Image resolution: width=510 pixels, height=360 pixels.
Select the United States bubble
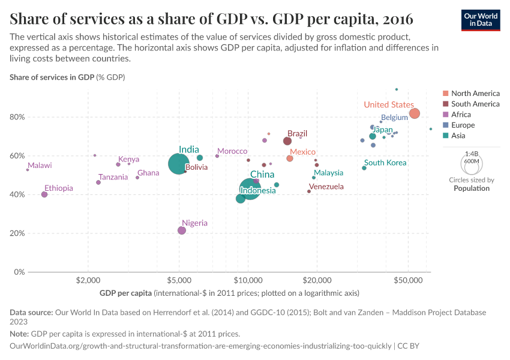pyautogui.click(x=415, y=114)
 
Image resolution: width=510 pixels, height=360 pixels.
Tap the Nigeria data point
pyautogui.click(x=182, y=230)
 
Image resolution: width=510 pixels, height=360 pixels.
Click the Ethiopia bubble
pyautogui.click(x=44, y=194)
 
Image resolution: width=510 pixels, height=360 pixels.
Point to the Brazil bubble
pyautogui.click(x=287, y=141)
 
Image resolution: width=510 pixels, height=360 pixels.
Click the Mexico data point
pyautogui.click(x=290, y=158)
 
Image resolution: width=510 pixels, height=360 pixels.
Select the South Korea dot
pyautogui.click(x=364, y=168)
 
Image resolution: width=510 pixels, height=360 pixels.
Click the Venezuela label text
pyautogui.click(x=327, y=187)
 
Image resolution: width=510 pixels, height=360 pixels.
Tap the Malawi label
pyautogui.click(x=40, y=166)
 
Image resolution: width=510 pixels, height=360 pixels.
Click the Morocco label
pyautogui.click(x=232, y=151)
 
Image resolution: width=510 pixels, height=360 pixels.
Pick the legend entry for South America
pyautogui.click(x=475, y=104)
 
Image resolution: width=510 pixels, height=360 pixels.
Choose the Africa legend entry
pyautogui.click(x=461, y=115)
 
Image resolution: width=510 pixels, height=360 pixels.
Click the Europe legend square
pyautogui.click(x=445, y=125)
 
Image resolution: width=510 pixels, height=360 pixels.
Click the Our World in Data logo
pyautogui.click(x=481, y=20)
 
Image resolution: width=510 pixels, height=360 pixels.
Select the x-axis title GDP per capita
pyautogui.click(x=125, y=293)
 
